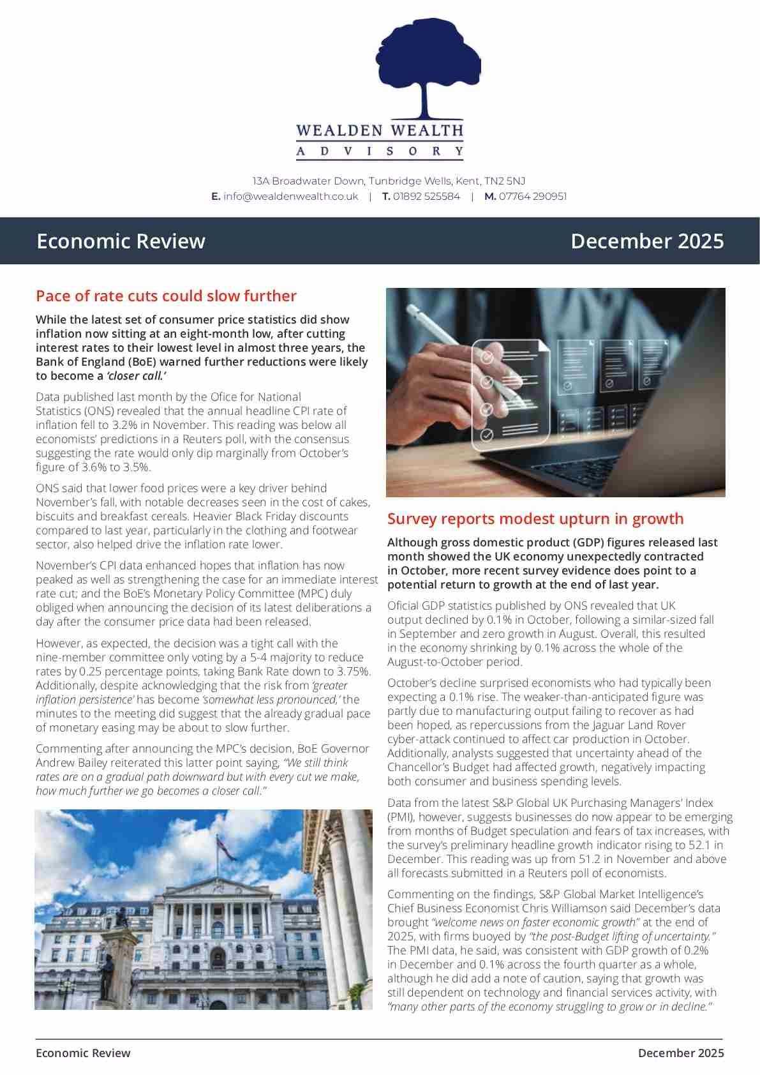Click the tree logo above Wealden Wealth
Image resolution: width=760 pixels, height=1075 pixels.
[x=428, y=67]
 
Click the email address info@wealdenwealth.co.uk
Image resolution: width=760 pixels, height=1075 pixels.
[x=290, y=197]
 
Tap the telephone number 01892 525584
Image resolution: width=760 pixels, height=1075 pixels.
[x=426, y=197]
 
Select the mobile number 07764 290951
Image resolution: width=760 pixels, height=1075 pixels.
[x=532, y=197]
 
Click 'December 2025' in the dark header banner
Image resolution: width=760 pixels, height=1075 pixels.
[x=647, y=241]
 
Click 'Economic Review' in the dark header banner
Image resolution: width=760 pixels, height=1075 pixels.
[x=121, y=241]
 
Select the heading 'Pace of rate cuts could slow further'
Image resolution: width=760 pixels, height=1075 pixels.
[x=166, y=296]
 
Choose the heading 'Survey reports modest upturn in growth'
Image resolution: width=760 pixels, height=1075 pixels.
[x=535, y=519]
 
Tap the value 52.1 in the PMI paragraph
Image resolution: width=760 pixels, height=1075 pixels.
[x=699, y=845]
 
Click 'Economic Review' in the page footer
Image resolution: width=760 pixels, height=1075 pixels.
[x=83, y=1053]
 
